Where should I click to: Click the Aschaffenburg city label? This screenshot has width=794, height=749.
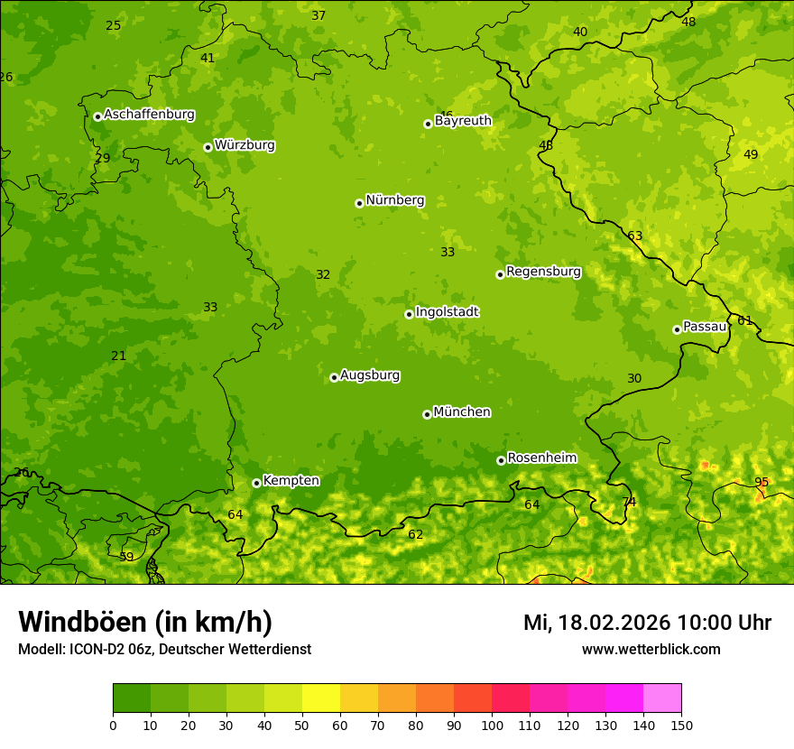[x=149, y=115]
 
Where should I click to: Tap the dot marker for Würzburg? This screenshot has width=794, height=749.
[x=208, y=147]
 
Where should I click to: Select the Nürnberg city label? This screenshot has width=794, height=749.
[x=394, y=200]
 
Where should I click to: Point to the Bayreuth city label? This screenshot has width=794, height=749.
[x=463, y=121]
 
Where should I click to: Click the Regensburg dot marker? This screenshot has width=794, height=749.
[x=500, y=274]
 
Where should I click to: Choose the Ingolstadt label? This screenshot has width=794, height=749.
[x=447, y=312]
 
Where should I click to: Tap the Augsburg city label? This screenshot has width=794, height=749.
[x=370, y=375]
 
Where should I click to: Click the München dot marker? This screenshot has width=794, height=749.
[x=427, y=414]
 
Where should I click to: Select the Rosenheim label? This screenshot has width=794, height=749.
[x=541, y=458]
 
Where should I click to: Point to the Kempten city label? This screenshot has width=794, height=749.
[x=291, y=481]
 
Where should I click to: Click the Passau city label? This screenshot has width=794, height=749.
[x=705, y=327]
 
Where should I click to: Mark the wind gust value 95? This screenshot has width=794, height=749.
[x=762, y=482]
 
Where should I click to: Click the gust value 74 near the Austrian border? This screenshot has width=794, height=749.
[x=629, y=502]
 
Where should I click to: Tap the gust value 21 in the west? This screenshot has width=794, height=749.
[x=119, y=356]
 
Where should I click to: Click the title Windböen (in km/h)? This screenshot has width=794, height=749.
[x=145, y=622]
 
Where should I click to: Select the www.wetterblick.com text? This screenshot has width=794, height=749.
[x=651, y=650]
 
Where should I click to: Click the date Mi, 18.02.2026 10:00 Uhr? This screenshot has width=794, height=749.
[x=647, y=623]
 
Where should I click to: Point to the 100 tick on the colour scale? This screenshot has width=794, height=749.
[x=492, y=725]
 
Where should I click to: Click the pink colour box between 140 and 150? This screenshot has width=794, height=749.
[x=662, y=698]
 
